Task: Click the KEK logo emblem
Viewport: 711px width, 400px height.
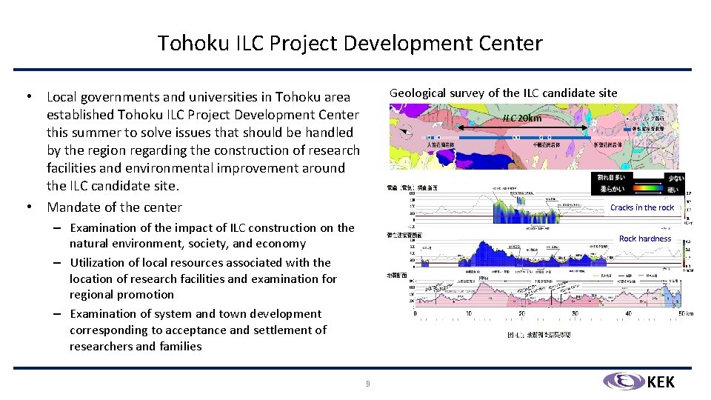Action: click(x=623, y=381)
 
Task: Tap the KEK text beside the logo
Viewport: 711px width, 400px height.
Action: click(x=661, y=382)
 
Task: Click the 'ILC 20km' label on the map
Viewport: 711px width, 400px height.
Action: click(x=521, y=118)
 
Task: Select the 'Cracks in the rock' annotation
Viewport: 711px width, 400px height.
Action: click(x=641, y=207)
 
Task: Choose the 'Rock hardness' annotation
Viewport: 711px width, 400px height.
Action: click(x=644, y=239)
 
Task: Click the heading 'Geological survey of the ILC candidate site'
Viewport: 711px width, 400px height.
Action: click(x=503, y=93)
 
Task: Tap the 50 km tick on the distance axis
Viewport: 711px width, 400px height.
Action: click(x=686, y=313)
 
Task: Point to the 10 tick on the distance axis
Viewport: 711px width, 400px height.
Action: click(x=469, y=313)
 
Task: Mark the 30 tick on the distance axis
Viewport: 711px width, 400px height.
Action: click(x=576, y=313)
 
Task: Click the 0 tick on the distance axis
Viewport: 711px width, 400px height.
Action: click(x=415, y=313)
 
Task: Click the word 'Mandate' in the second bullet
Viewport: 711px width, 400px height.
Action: click(x=72, y=207)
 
